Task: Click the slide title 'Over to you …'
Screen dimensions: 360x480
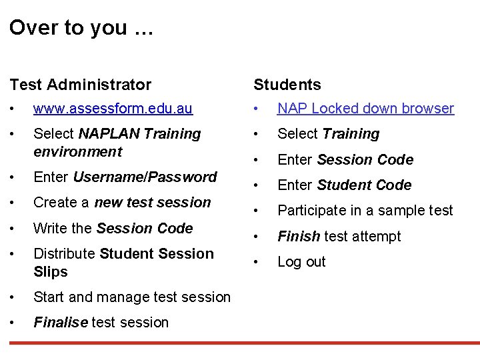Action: coord(81,27)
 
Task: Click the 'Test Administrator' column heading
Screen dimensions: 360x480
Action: coord(80,85)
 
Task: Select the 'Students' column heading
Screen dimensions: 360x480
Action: coord(287,85)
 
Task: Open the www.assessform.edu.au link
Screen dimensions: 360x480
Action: coord(113,109)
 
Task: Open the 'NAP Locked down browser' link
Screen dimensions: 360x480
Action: coord(365,109)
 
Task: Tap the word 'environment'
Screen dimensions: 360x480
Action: coord(77,152)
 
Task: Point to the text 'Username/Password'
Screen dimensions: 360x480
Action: coord(145,177)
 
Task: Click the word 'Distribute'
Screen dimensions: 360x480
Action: coord(64,254)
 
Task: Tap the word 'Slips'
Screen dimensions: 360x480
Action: coord(51,272)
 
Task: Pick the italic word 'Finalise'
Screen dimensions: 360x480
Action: coord(60,323)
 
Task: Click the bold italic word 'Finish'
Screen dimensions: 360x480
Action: coord(299,237)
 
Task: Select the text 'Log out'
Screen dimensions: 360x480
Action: coord(301,262)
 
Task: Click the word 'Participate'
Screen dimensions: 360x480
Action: coord(311,211)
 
